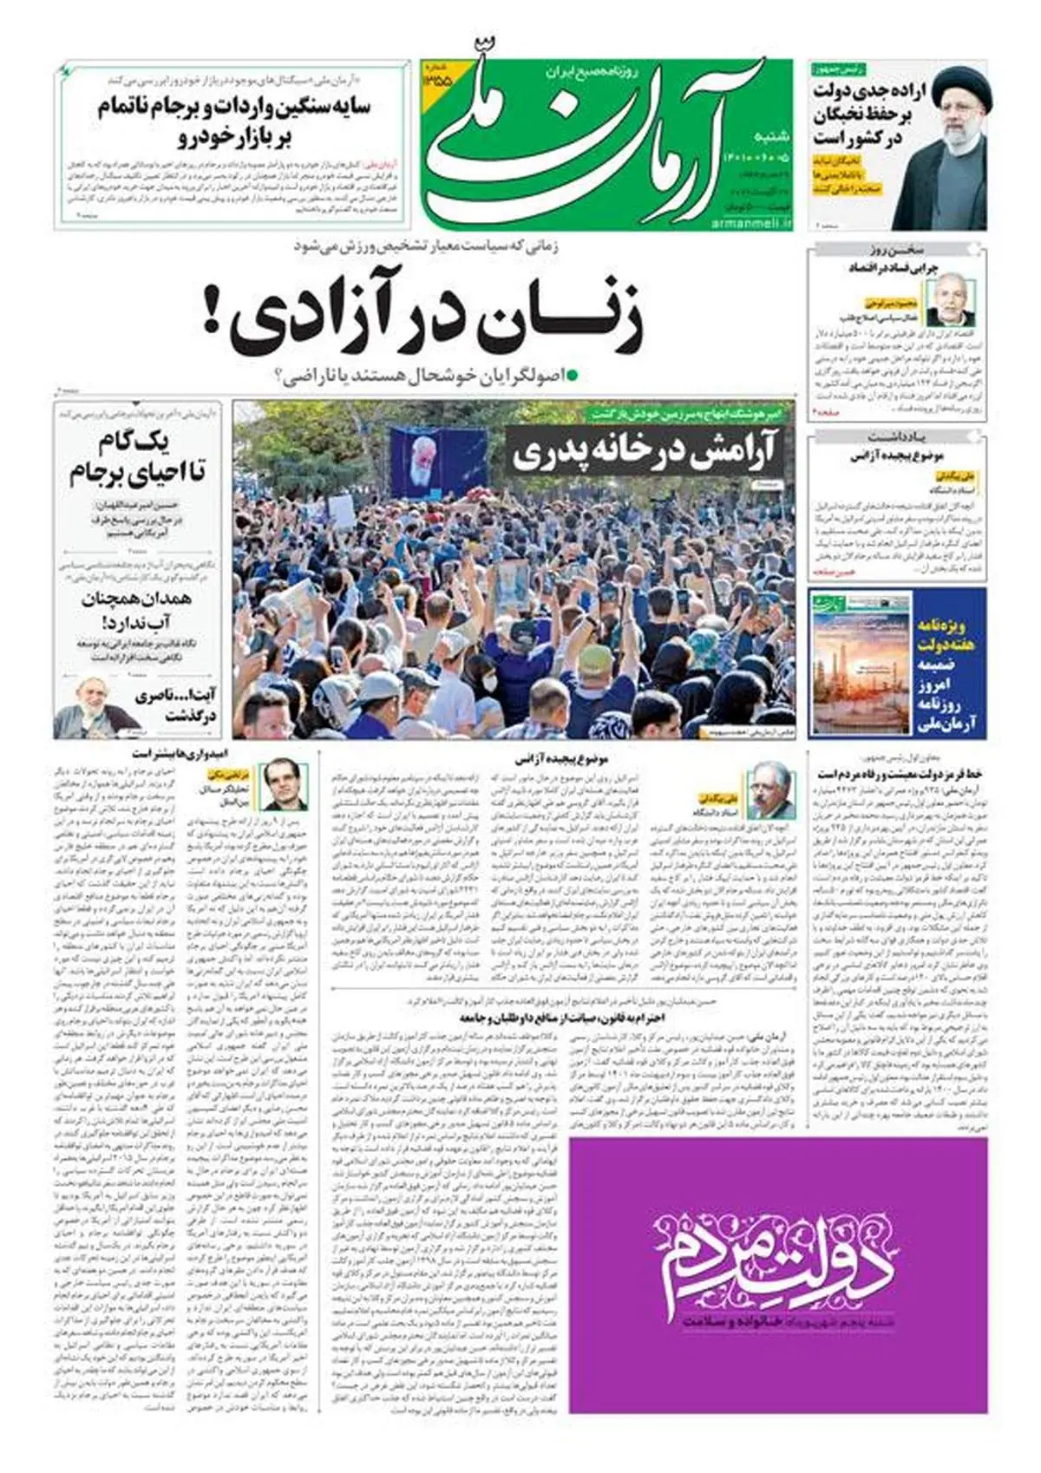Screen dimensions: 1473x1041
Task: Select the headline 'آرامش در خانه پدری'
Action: click(x=645, y=452)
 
